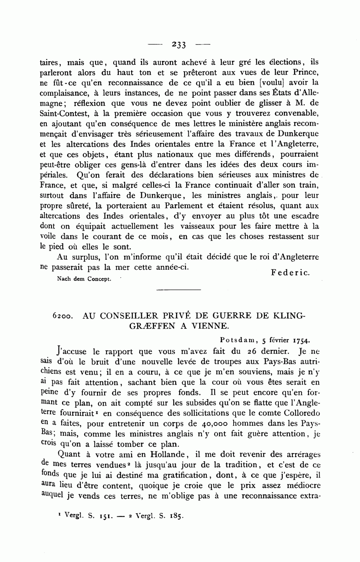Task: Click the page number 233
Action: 179,45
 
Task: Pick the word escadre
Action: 304,216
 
